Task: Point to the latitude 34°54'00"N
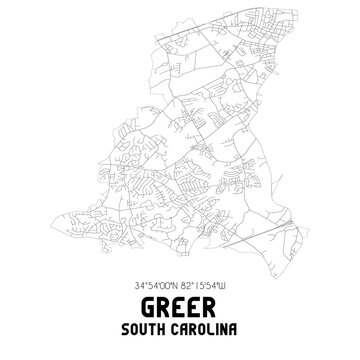tap(150, 282)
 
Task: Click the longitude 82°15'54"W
tap(211, 282)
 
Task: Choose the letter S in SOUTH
tap(119, 327)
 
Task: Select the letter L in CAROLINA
tap(206, 327)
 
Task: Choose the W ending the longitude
tap(239, 282)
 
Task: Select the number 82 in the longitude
tap(189, 282)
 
